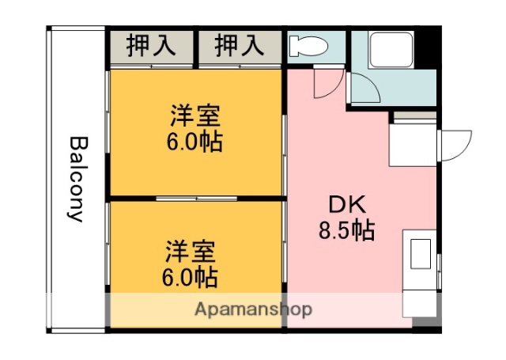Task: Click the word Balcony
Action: point(77,179)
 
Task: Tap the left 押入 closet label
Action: point(151,45)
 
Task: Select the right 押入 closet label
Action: point(239,45)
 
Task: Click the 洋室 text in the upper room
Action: point(194,116)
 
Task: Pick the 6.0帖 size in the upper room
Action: point(194,142)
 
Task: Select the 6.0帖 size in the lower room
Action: point(191,278)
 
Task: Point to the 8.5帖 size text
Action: point(346,230)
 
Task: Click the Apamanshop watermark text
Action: point(253,308)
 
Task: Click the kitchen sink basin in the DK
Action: point(418,254)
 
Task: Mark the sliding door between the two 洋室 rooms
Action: point(195,198)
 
